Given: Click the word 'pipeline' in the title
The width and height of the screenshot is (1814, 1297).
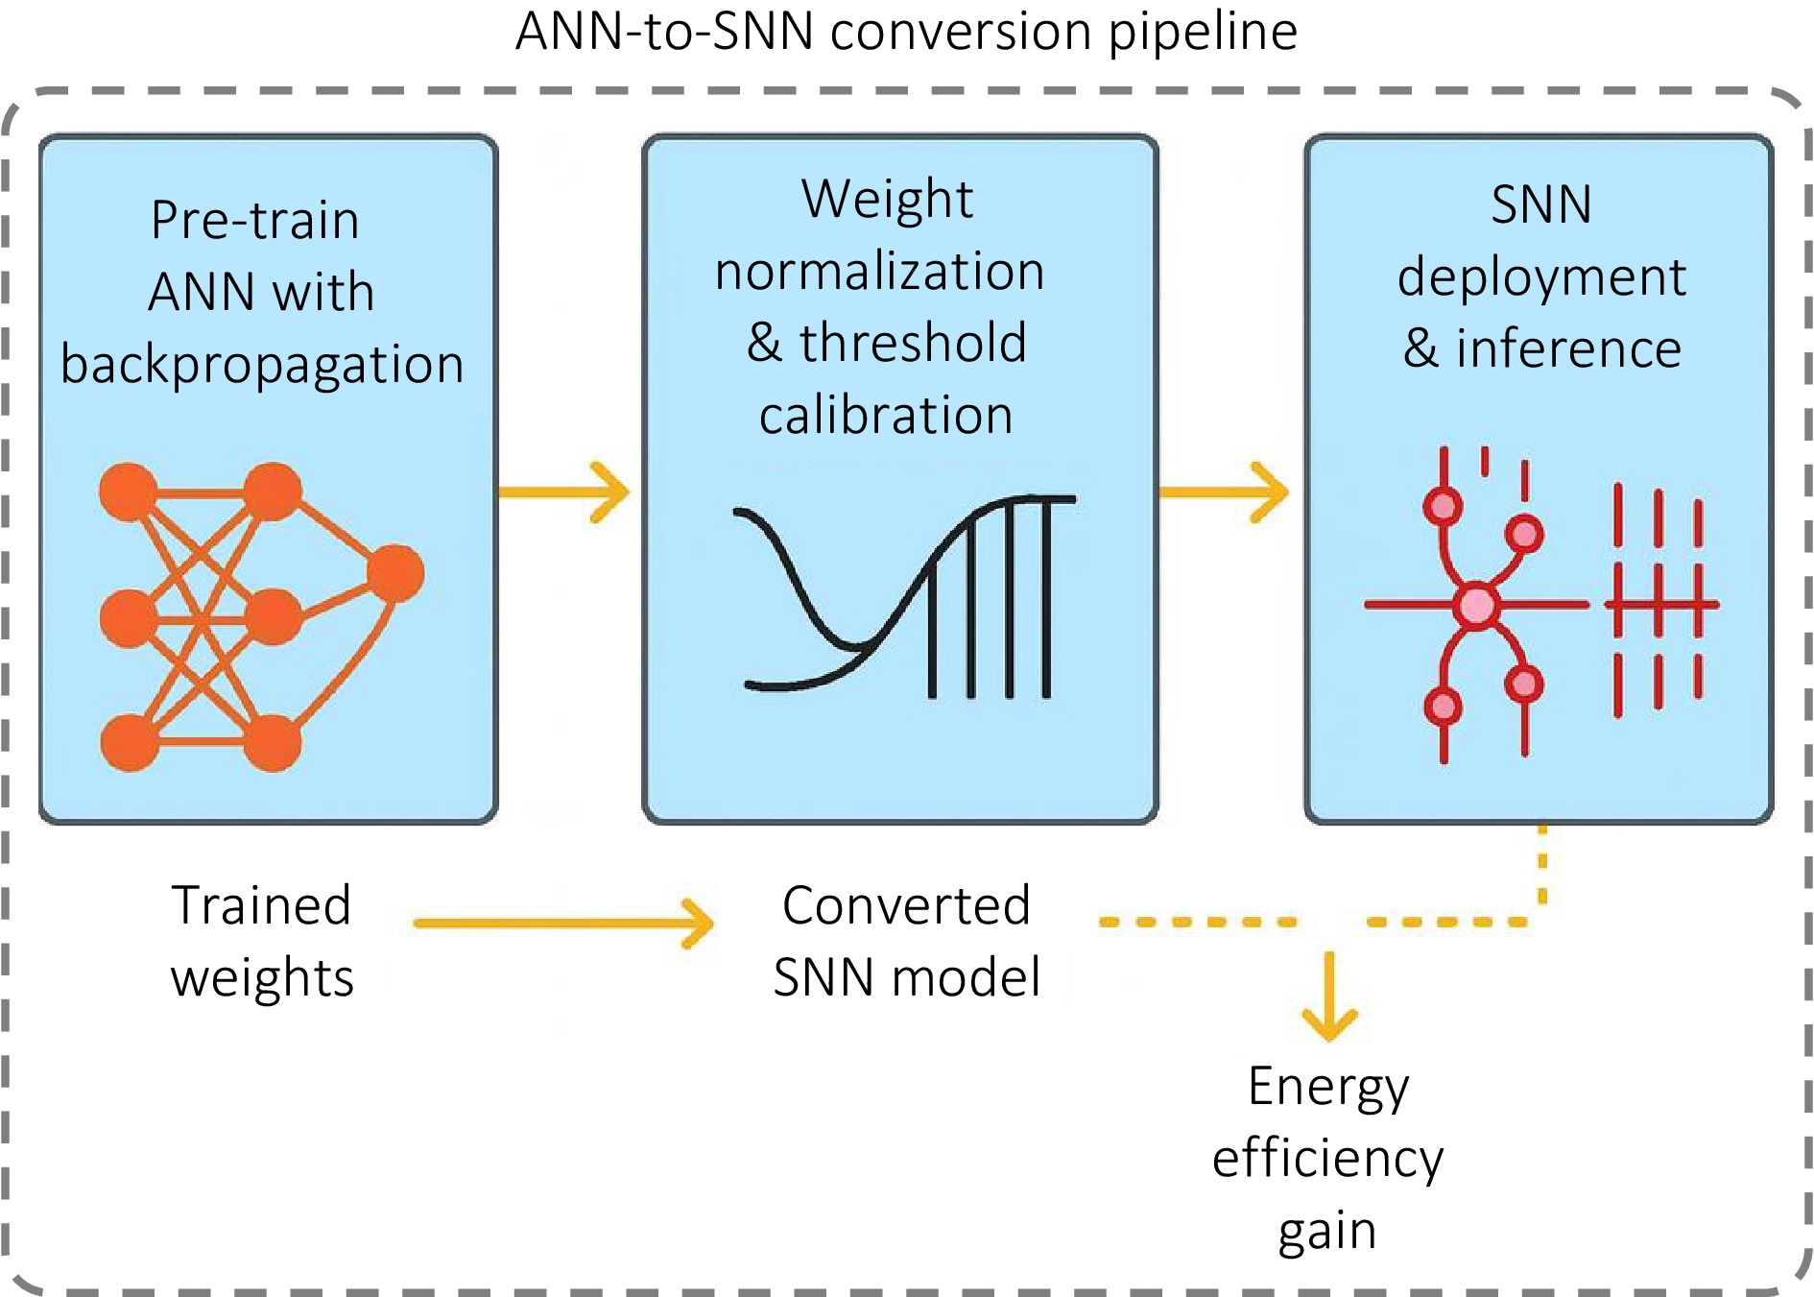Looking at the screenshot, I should point(1203,32).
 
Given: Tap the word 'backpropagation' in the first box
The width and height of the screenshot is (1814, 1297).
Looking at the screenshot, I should point(262,365).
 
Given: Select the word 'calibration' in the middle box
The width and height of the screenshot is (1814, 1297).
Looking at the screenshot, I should point(886,415).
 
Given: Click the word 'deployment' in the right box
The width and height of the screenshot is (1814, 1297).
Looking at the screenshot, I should point(1540,277).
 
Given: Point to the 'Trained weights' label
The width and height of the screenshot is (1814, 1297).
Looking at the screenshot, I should point(262,941).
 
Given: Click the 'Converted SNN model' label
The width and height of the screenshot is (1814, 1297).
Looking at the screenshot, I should point(906,941).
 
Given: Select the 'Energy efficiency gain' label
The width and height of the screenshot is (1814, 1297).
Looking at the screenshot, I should point(1327,1158).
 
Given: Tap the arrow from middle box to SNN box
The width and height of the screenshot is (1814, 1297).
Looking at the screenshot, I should point(1225,492).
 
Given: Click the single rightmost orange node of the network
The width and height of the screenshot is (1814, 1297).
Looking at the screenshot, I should point(395,573).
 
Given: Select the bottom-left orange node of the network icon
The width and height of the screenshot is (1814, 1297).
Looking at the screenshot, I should point(130,742).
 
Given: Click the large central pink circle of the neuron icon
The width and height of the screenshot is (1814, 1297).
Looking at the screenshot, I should point(1476,606).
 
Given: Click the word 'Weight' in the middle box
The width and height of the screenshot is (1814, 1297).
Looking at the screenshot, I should point(887,199).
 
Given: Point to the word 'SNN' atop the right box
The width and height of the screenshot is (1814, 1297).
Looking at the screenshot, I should point(1540,204).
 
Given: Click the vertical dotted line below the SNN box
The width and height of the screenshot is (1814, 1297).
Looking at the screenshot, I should point(1542,864).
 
